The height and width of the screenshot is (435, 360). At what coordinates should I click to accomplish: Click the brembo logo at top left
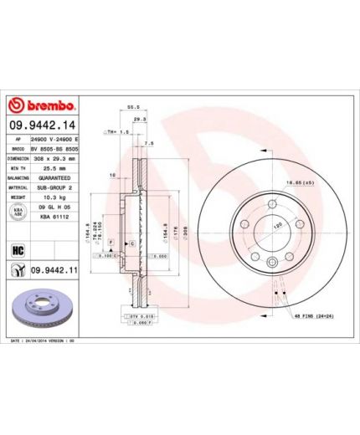coord(43,106)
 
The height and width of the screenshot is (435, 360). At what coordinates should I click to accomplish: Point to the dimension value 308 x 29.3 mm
coord(54,158)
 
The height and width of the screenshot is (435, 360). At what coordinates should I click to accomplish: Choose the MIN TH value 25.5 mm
coord(53,168)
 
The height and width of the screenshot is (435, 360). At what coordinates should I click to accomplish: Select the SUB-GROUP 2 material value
coord(54,189)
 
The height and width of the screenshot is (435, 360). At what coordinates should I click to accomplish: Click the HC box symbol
coord(17,250)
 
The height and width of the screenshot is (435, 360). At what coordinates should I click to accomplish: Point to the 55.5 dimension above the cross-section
coord(131,109)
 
